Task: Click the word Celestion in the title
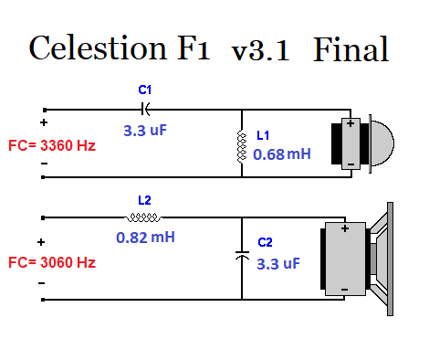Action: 98,48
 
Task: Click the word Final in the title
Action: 351,48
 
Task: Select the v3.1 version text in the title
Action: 260,50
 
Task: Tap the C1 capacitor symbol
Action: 146,109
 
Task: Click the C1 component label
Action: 144,90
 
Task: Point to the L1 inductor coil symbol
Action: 242,146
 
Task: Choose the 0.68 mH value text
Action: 282,154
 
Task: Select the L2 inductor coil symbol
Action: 143,217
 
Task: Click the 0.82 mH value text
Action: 145,238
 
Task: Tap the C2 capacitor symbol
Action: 242,255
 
